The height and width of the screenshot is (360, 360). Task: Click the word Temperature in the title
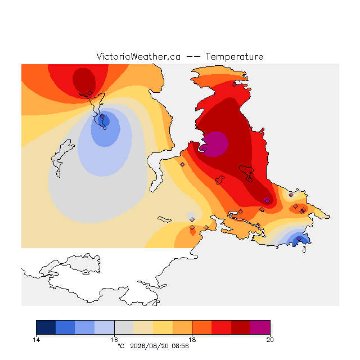pos(234,57)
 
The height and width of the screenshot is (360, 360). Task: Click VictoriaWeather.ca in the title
pos(138,56)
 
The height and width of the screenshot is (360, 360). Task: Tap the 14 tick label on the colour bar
pos(36,340)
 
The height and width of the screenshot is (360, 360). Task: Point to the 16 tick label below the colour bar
pos(114,340)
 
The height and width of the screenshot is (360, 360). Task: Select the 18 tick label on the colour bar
pos(192,340)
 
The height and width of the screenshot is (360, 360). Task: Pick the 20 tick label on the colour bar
pos(270,340)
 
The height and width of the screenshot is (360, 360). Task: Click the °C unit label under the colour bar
pos(121,346)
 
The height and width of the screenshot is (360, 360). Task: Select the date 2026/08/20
pos(149,346)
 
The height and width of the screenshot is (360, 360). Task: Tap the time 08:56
pos(180,346)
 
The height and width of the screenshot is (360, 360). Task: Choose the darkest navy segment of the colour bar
pos(46,327)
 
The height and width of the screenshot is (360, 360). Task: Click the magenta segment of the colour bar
pos(260,327)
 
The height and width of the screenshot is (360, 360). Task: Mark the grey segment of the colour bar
pos(124,327)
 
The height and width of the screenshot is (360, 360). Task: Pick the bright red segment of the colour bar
pos(221,327)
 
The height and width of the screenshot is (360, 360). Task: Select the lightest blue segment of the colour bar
pos(104,327)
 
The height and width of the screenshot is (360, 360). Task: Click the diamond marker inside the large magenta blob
pos(204,149)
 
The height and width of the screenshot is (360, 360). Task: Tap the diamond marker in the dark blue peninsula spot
pos(102,116)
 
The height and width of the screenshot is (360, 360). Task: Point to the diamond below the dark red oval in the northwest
pos(90,93)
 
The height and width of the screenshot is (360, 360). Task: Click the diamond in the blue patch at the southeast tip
pos(299,238)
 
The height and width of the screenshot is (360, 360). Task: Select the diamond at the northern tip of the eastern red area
pos(234,84)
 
